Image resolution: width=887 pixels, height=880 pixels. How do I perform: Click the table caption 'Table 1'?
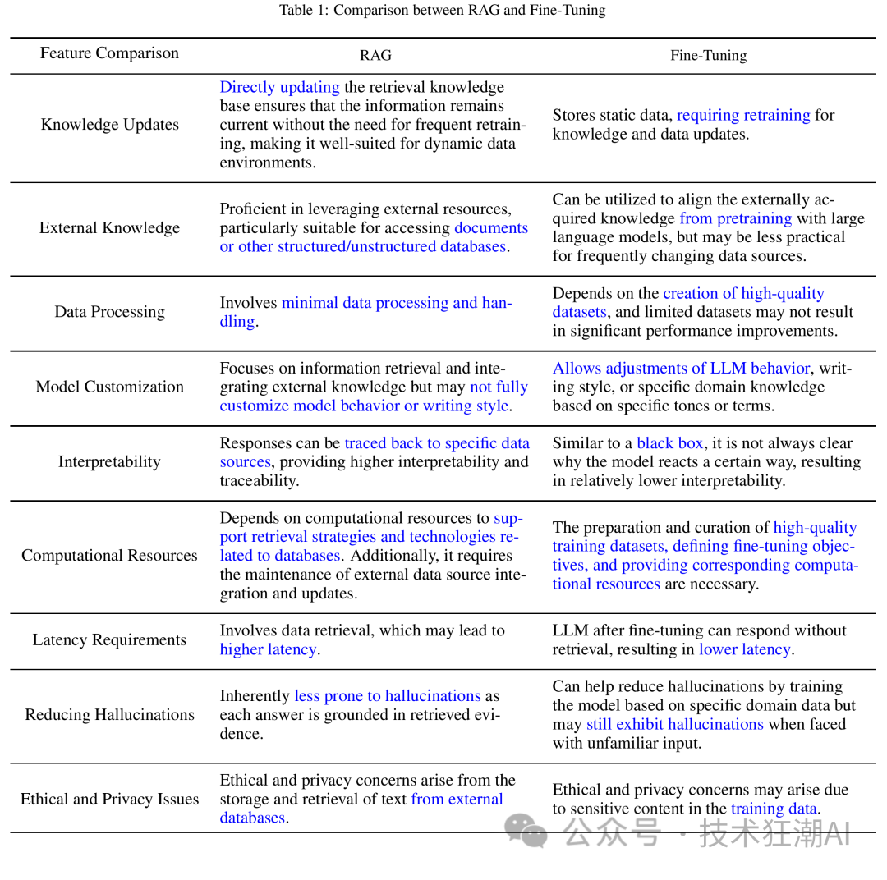[x=443, y=11]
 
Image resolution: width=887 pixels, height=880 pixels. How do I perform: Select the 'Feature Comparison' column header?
[x=109, y=53]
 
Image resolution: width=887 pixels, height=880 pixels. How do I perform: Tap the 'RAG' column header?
[x=375, y=55]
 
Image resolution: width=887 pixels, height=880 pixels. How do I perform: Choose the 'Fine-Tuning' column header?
[x=708, y=55]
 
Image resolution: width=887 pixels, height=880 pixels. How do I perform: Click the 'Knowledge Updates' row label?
[x=109, y=125]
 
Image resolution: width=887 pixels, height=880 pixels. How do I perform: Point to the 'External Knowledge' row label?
[x=109, y=228]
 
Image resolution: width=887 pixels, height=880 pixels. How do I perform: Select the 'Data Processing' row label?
[x=109, y=312]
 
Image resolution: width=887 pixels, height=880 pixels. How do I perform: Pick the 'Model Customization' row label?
[x=109, y=387]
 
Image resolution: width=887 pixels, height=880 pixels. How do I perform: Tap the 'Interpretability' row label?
[x=109, y=461]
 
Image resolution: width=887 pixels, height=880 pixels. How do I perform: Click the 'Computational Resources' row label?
[x=109, y=556]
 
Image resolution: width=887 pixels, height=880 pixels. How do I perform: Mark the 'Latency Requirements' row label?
[x=109, y=640]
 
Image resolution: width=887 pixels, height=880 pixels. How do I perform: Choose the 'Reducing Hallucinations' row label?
[x=109, y=715]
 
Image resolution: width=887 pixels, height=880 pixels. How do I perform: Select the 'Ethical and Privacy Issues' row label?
[x=109, y=800]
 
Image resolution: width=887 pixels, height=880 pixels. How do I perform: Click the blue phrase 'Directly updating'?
[x=279, y=87]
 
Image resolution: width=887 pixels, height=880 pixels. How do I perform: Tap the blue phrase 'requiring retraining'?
[x=743, y=115]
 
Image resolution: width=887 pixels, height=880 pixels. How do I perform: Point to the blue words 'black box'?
[x=669, y=443]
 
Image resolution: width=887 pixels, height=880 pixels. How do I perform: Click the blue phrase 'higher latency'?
[x=268, y=649]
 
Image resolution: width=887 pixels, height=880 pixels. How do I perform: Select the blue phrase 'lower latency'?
[x=744, y=649]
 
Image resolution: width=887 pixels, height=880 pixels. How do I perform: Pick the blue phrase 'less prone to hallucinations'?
[x=387, y=696]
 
